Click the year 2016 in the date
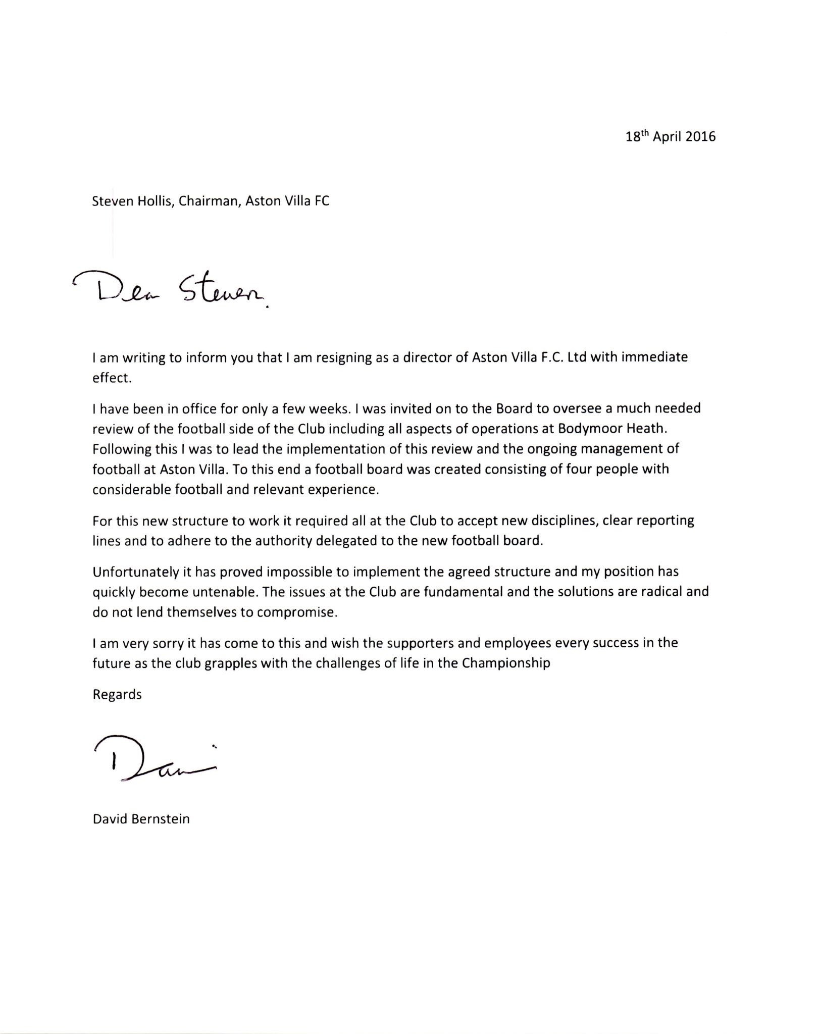point(700,137)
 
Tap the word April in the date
point(668,137)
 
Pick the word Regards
point(117,695)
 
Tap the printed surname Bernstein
point(161,819)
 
